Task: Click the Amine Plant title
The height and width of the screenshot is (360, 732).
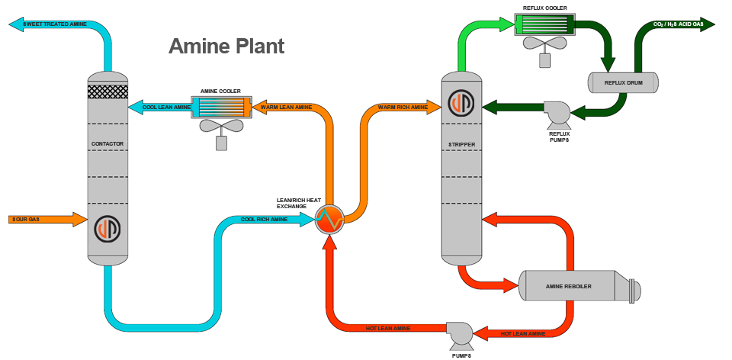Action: tap(226, 46)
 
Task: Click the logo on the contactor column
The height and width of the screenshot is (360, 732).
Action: tap(107, 229)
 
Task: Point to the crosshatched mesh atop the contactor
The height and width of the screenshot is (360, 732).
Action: tap(107, 91)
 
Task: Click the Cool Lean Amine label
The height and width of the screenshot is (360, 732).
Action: tap(166, 107)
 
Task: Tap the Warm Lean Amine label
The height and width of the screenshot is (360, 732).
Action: tap(286, 107)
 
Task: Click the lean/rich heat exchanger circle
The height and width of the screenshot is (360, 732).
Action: tap(329, 220)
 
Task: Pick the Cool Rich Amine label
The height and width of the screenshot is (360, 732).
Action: tap(264, 219)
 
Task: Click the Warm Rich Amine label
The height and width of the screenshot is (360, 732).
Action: tap(403, 107)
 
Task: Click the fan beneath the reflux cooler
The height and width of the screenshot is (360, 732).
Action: tap(544, 43)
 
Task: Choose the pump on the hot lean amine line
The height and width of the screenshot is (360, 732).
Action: tap(460, 332)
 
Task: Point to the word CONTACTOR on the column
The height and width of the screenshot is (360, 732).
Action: tap(107, 143)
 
